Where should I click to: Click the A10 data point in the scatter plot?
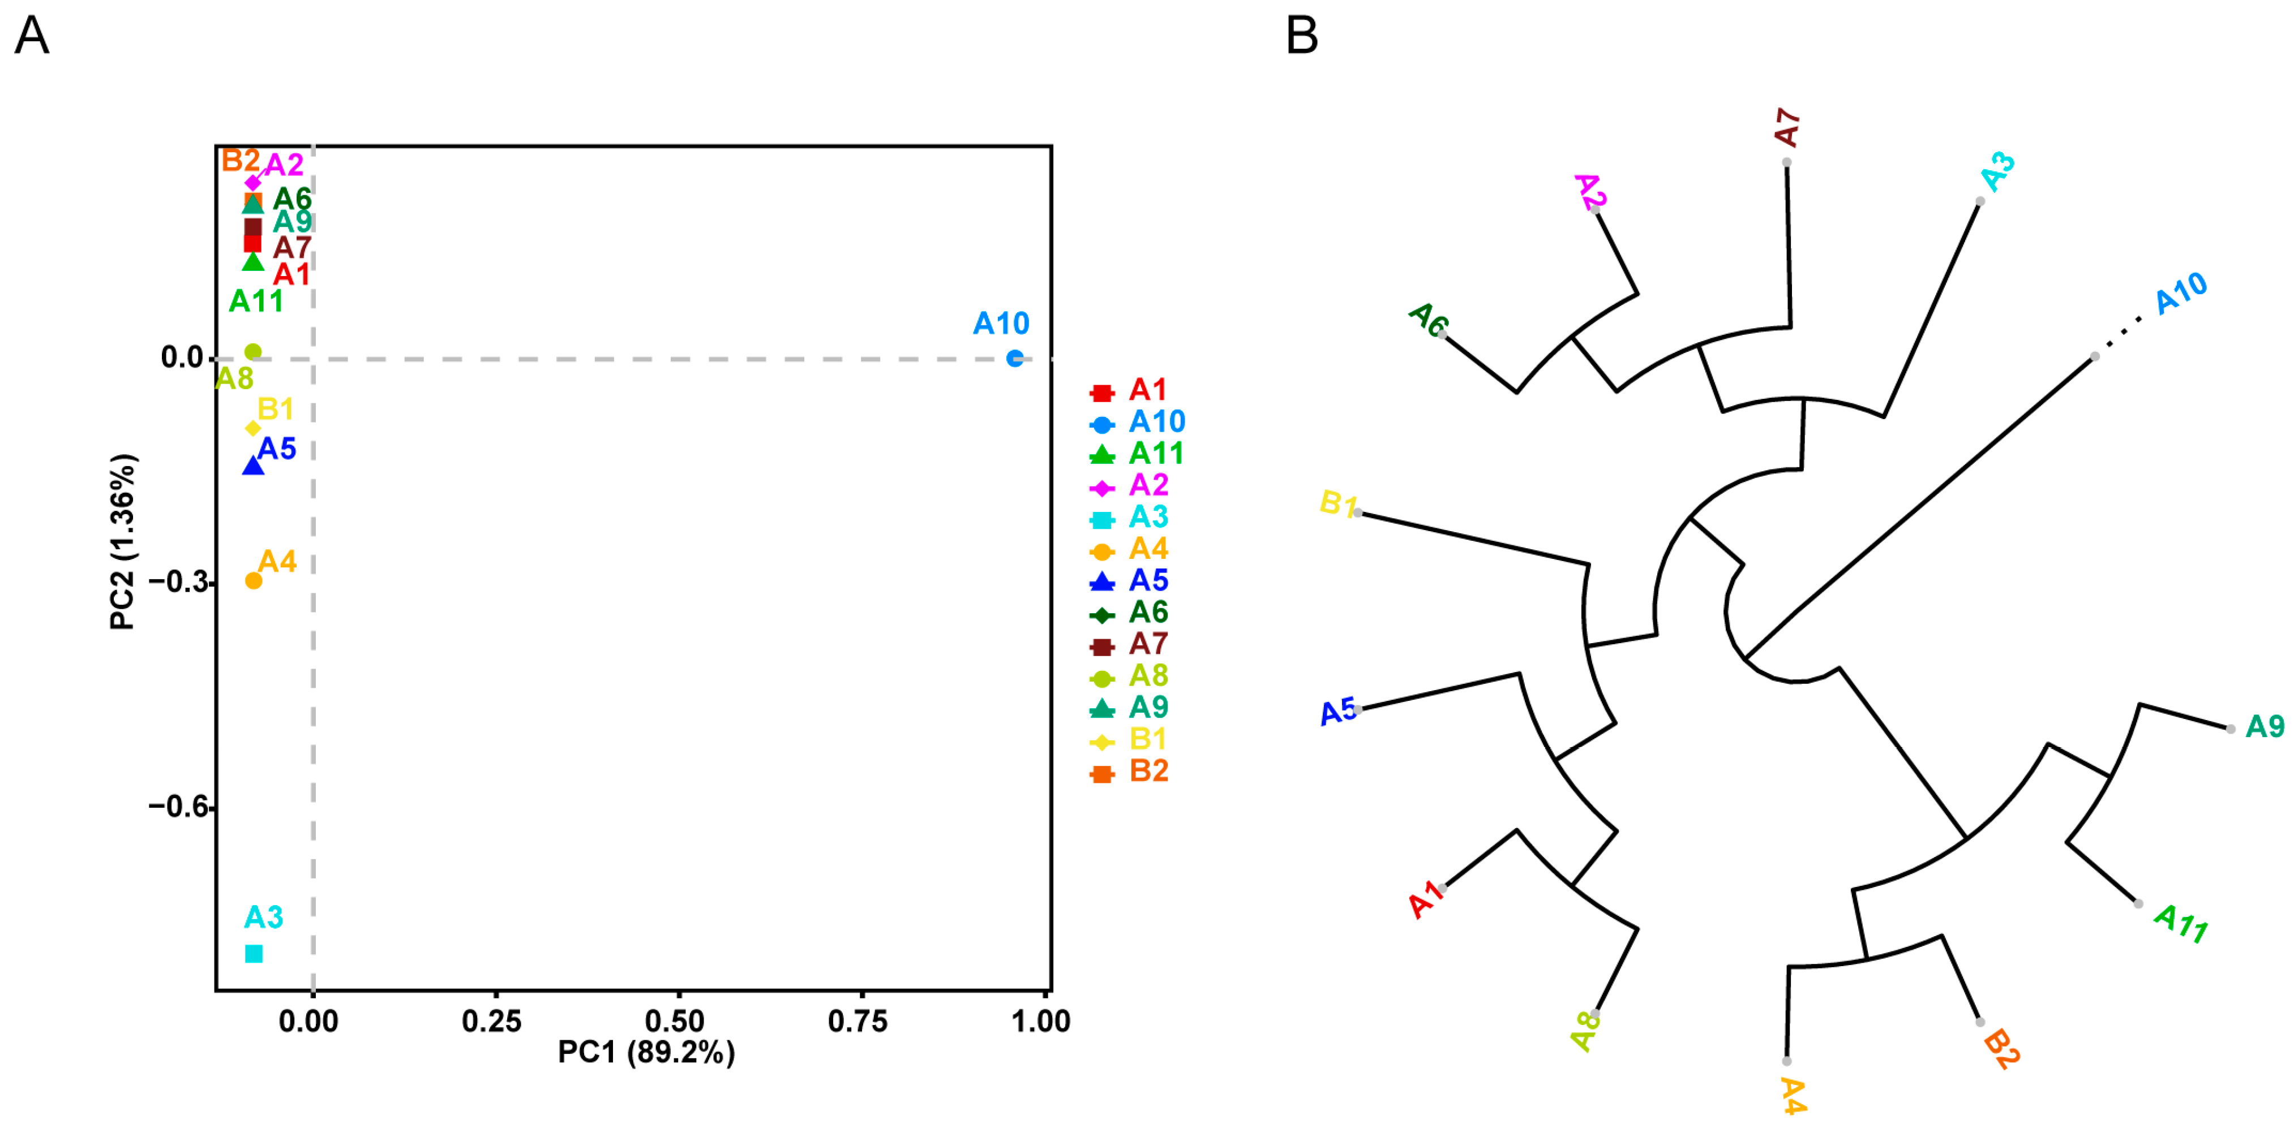1014,358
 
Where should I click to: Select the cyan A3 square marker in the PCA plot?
254,953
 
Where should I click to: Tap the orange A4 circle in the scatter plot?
254,580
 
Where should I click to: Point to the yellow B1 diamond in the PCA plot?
253,428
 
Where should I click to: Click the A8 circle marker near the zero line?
253,352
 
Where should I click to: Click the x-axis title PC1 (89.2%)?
646,1052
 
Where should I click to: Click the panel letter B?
1301,37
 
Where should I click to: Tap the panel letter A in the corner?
32,37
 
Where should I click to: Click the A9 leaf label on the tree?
2265,726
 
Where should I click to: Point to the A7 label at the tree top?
1786,127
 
